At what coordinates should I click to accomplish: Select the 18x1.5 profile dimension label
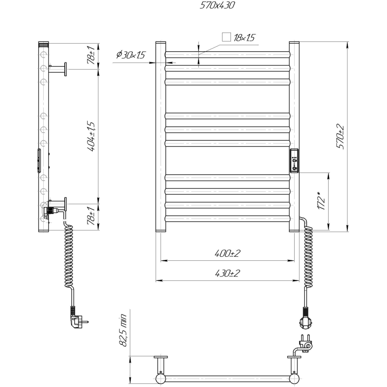[x=244, y=38]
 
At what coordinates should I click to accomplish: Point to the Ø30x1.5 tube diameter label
[x=130, y=55]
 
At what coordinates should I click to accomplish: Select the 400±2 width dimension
[x=227, y=253]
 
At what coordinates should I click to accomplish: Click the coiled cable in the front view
[x=308, y=254]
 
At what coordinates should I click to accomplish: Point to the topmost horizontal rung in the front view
[x=227, y=55]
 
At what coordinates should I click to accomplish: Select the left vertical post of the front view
[x=161, y=136]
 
